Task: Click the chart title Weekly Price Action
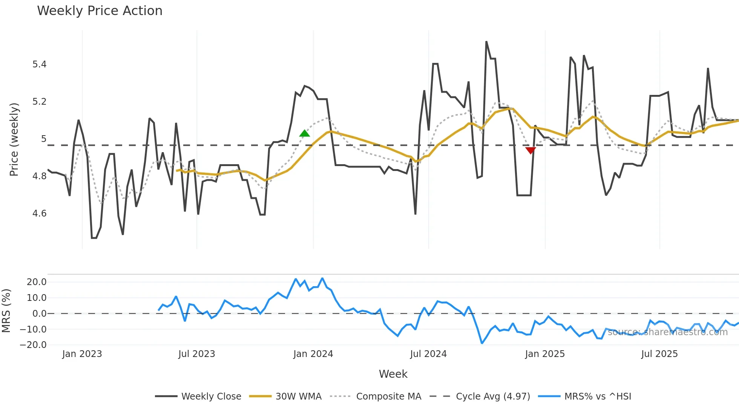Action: (x=100, y=11)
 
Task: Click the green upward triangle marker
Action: (x=304, y=133)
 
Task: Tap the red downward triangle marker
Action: (x=530, y=151)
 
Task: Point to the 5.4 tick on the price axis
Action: (x=39, y=64)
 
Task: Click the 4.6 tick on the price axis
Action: (x=39, y=214)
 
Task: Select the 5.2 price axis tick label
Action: (x=39, y=102)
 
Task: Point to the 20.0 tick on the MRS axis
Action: (x=37, y=282)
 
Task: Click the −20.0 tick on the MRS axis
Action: (x=33, y=345)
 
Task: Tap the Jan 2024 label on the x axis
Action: (x=313, y=354)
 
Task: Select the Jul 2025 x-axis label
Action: (x=659, y=354)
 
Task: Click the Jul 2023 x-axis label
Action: (x=196, y=354)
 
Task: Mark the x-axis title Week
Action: (x=393, y=374)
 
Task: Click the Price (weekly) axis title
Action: (x=14, y=139)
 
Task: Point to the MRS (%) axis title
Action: (x=6, y=311)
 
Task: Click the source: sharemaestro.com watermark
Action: (x=667, y=332)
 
